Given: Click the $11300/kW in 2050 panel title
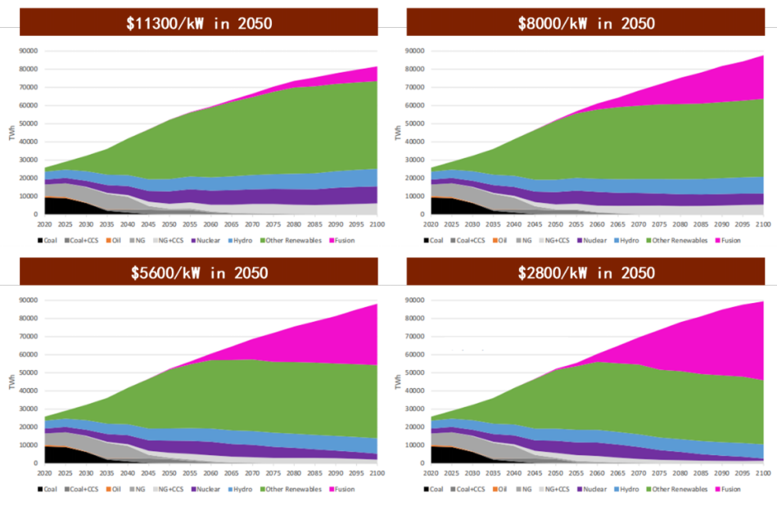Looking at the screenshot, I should coord(198,23).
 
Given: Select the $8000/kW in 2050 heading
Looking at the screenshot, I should coord(585,23).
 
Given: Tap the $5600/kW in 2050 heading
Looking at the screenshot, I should coord(198,272).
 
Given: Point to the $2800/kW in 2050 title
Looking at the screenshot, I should coord(585,272).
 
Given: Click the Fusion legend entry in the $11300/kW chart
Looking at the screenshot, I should coord(344,240).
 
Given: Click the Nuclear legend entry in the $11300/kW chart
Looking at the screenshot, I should coord(204,240).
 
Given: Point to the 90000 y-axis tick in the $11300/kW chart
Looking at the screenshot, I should coord(29,51).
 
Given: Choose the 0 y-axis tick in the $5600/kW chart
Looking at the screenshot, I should coord(38,463).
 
